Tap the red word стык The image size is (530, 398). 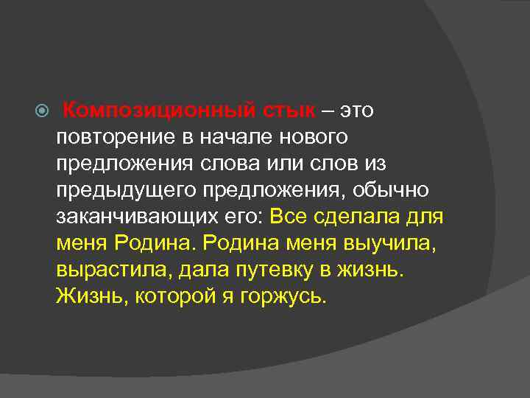[289, 110]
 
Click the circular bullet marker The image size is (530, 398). [42, 111]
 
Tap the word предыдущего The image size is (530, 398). [122, 190]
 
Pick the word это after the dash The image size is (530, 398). [356, 110]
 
